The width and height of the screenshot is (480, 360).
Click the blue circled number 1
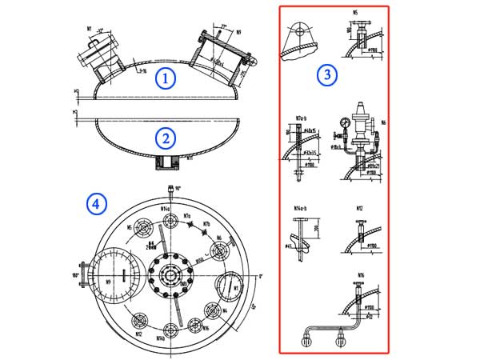[x=164, y=78]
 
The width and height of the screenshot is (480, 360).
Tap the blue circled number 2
[x=164, y=138]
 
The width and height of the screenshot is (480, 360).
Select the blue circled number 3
[x=326, y=74]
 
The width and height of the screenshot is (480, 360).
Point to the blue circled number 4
[x=96, y=204]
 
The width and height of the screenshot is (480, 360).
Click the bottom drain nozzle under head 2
[x=166, y=162]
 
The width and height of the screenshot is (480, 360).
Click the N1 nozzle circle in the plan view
[x=228, y=285]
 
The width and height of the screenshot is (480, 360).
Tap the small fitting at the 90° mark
[x=170, y=190]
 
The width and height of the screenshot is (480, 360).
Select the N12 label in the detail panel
[x=359, y=208]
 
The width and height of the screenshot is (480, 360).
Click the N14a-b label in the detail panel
[x=299, y=208]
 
